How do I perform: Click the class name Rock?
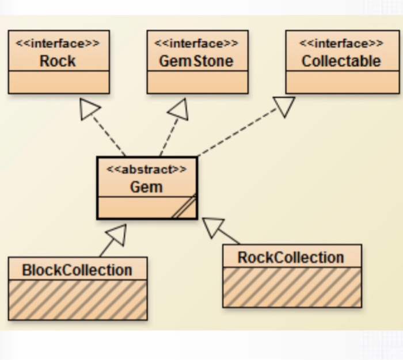click(x=58, y=61)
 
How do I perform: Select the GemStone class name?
click(x=196, y=61)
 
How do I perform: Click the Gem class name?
click(x=147, y=187)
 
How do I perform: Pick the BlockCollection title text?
click(x=77, y=270)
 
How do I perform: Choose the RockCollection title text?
click(x=291, y=257)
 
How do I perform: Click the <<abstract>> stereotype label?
click(x=147, y=170)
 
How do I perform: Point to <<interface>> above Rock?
click(x=58, y=44)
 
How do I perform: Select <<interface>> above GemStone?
click(x=196, y=44)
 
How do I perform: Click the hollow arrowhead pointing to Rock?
click(x=89, y=109)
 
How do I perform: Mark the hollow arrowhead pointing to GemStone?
click(x=179, y=109)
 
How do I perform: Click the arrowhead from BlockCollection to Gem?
click(x=116, y=235)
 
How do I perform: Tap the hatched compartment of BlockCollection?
click(x=77, y=299)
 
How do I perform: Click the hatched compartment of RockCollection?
click(x=292, y=287)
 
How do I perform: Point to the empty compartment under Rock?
click(x=58, y=82)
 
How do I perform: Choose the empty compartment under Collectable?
click(x=342, y=82)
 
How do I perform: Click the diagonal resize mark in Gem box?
click(x=185, y=208)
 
